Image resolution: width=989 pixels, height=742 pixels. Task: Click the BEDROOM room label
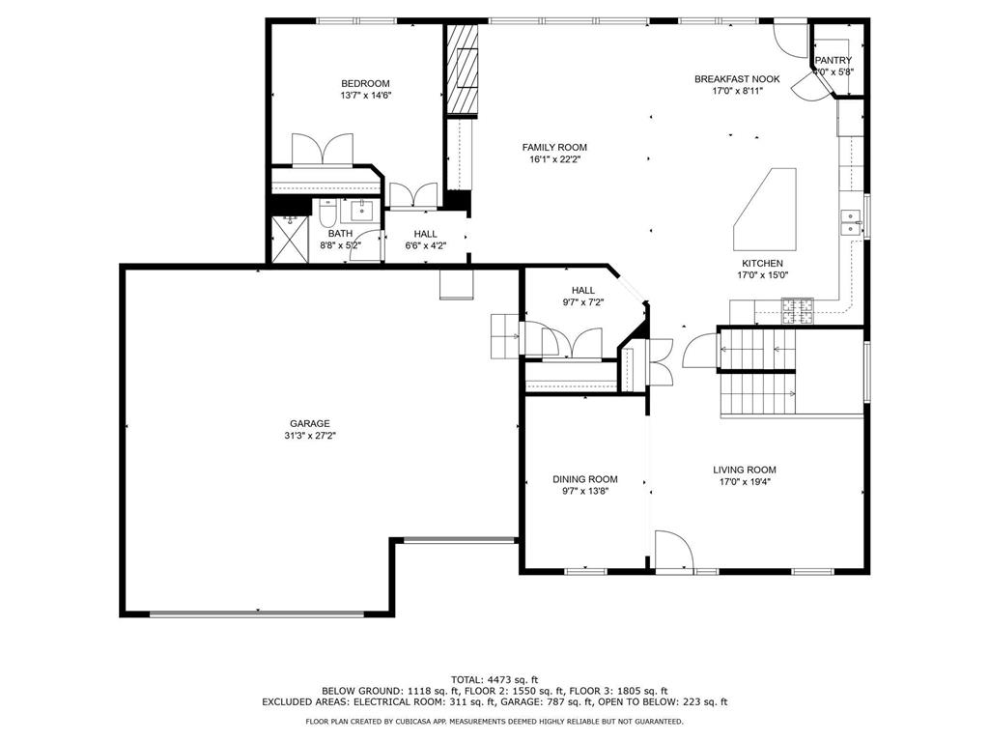coord(365,83)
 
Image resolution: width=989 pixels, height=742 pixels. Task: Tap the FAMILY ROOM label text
coord(554,148)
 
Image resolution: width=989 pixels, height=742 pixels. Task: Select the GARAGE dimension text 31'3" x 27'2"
coord(310,436)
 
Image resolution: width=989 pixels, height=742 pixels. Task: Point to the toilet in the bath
coord(327,214)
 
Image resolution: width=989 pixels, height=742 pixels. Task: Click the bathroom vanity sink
coord(362,210)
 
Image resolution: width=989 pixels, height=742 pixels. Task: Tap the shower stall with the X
coord(290,239)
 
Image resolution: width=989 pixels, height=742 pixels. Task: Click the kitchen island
coord(765,210)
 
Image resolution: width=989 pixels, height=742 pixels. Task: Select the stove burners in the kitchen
coord(798,310)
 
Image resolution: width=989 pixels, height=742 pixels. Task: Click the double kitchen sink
coord(851,222)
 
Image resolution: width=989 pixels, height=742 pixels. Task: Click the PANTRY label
coord(834,60)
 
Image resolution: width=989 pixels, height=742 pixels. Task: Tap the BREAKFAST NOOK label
coord(737,79)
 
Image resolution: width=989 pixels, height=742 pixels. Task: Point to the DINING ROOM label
coord(585,479)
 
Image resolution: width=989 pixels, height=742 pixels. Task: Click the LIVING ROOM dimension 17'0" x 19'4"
coord(745,482)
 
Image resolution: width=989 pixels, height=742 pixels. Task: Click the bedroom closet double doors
coord(323,150)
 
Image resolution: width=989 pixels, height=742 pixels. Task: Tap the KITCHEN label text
coord(762,263)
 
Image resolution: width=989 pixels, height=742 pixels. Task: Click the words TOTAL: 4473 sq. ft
coord(494,679)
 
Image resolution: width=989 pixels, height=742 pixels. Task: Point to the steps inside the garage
coord(504,335)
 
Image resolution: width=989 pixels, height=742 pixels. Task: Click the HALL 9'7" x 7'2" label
coord(582,296)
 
